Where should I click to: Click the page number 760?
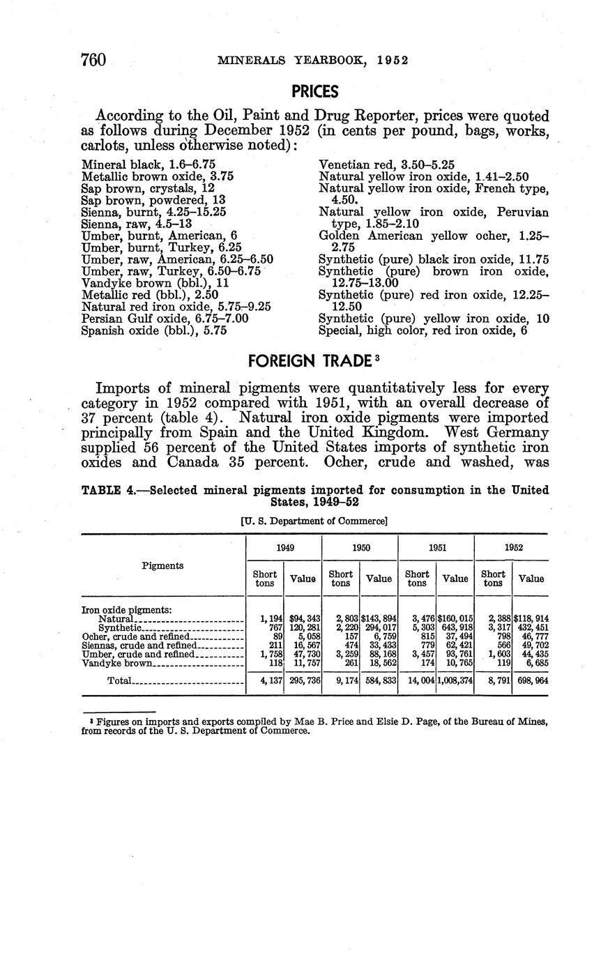coord(93,60)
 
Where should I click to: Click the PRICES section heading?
coord(314,91)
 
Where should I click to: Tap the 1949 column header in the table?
coord(284,547)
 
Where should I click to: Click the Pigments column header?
coord(162,565)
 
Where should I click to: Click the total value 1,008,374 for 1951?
coord(455,680)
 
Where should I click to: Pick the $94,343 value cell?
coord(305,618)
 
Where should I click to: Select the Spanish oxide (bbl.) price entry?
coord(154,331)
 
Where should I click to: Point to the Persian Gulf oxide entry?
coord(165,319)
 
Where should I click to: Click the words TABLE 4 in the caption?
coord(108,490)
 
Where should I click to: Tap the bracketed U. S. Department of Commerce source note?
coord(314,521)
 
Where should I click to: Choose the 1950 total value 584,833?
coord(379,680)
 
